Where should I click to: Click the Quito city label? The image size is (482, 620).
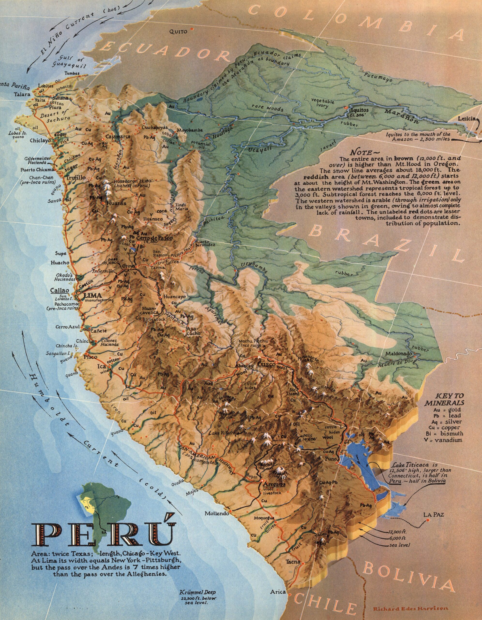(x=178, y=31)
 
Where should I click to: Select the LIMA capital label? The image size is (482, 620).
(x=92, y=295)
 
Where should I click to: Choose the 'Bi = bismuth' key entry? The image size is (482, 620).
(x=448, y=434)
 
